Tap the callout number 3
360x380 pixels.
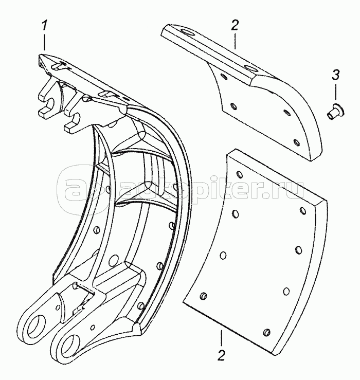point(335,76)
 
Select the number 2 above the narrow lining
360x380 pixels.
point(235,25)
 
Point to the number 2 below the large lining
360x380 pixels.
point(221,356)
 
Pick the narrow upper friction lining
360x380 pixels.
point(241,92)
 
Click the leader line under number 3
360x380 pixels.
point(336,92)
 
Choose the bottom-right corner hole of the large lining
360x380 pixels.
point(266,332)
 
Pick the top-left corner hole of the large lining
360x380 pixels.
point(239,174)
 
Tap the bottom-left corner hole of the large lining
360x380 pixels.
point(203,296)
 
